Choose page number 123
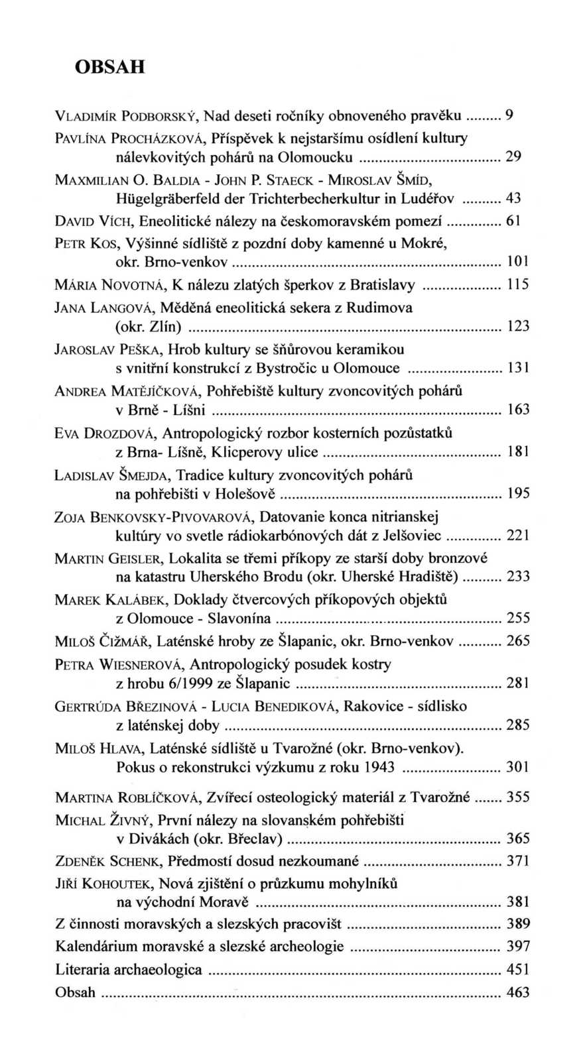(x=518, y=326)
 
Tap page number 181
(x=518, y=452)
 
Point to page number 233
(x=518, y=576)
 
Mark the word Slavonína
(x=239, y=618)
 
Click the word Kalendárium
(x=97, y=946)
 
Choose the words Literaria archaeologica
(x=129, y=969)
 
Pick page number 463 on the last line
(x=518, y=992)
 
